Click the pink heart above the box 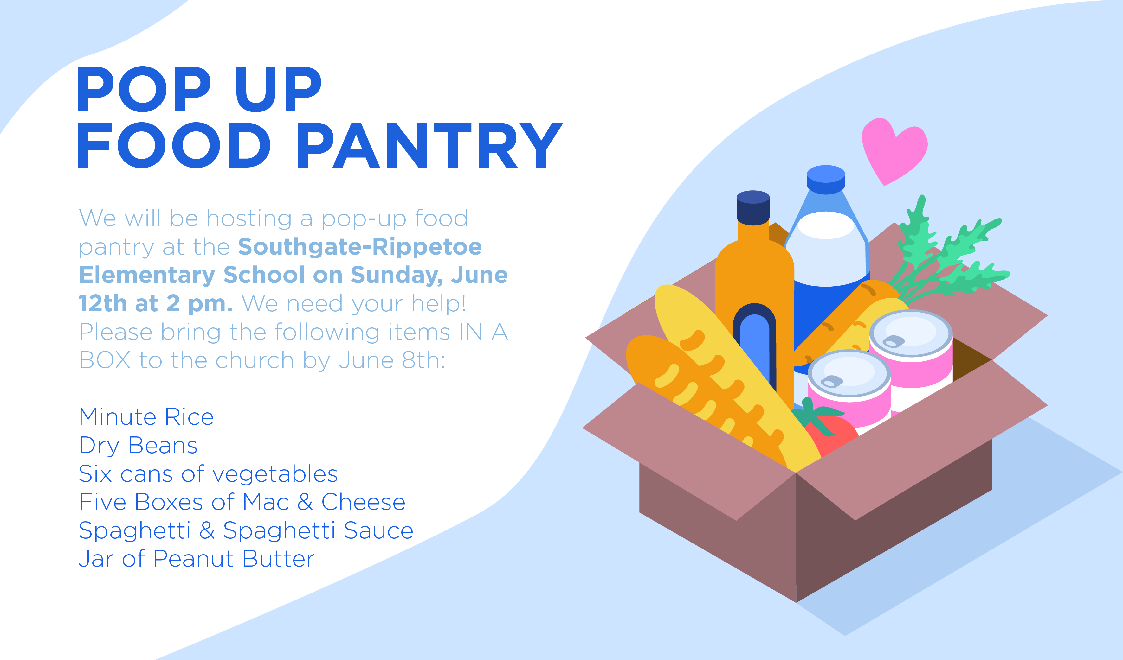click(x=894, y=149)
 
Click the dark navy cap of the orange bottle click(x=753, y=207)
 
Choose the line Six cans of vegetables click(x=208, y=473)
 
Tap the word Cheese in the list click(x=363, y=502)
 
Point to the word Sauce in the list click(x=378, y=530)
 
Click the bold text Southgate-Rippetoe click(x=360, y=247)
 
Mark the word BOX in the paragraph click(x=105, y=360)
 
